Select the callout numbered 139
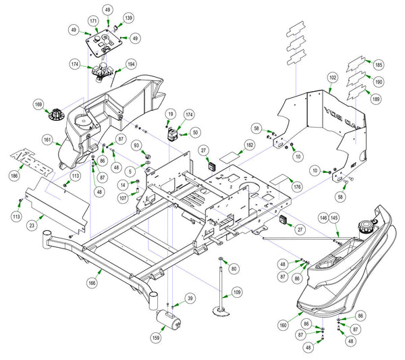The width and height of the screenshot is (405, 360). point(128,18)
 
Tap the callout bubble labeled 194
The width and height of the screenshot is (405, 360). point(131,64)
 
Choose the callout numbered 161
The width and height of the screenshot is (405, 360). point(47,140)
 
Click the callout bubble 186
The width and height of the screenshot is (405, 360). point(14,175)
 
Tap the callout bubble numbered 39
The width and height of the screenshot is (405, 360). point(190,299)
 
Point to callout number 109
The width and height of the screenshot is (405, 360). point(236,292)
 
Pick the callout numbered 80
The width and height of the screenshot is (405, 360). point(234,269)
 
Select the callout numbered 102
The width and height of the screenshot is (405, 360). point(332,78)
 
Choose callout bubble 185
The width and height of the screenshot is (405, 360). point(378,65)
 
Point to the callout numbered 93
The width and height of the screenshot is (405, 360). point(136,146)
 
